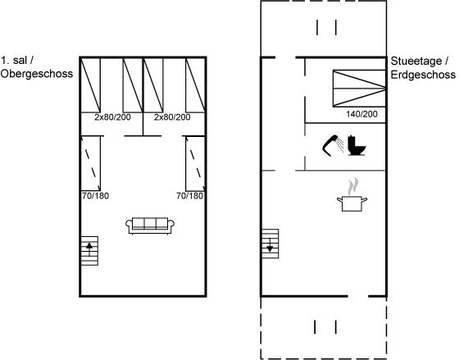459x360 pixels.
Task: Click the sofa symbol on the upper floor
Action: coord(150,226)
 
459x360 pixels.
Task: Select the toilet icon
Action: coord(357,146)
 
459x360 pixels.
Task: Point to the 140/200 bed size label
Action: coord(361,114)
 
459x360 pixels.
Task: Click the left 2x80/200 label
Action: coord(112,117)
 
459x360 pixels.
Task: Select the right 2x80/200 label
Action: coord(172,117)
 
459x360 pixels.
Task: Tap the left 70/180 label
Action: coord(95,196)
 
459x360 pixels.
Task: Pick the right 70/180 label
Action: coord(189,196)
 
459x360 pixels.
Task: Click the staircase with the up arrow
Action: coord(89,251)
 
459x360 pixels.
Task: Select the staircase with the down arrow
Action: coord(270,244)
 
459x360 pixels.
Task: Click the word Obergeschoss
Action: coord(37,74)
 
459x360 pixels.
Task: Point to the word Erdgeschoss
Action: coord(423,75)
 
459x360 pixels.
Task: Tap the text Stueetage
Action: coord(416,62)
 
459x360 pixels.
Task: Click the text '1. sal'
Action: coord(14,61)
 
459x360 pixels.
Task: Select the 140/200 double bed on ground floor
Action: coord(359,89)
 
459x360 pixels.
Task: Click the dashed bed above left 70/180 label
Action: coord(91,163)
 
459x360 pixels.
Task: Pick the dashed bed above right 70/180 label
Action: coord(195,163)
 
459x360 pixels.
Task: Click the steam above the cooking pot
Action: coord(353,186)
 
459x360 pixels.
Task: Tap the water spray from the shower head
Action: coord(340,145)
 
